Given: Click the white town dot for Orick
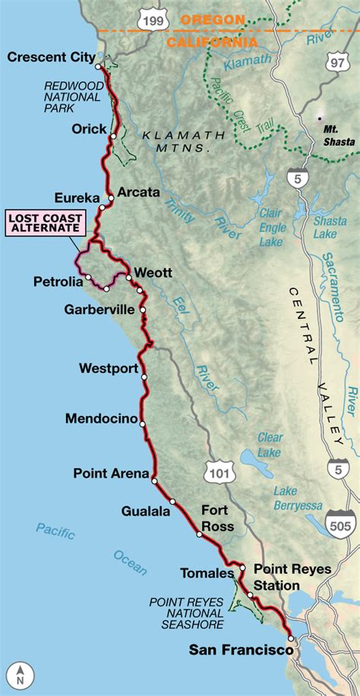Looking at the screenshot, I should pyautogui.click(x=112, y=137).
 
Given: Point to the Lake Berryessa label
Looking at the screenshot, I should pyautogui.click(x=297, y=499).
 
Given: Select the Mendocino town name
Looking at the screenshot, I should pyautogui.click(x=101, y=419).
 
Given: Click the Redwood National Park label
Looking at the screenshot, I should pyautogui.click(x=71, y=96).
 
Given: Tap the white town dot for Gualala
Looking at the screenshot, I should pyautogui.click(x=173, y=501).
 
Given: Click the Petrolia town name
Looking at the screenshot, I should pyautogui.click(x=57, y=282).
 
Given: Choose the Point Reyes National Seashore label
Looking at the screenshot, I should pyautogui.click(x=186, y=613).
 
